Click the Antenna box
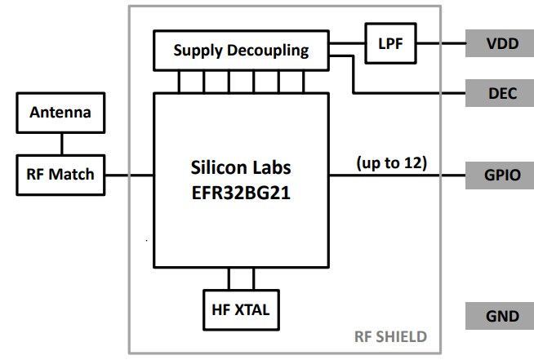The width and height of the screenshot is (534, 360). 61,113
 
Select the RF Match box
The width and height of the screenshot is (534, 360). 61,173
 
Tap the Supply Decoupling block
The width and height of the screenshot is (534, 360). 241,51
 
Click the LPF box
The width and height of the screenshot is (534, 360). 390,42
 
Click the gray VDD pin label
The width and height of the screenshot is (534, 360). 499,43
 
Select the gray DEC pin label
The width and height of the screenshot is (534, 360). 499,93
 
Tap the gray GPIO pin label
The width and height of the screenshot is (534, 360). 499,175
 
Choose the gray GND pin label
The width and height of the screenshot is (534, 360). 499,316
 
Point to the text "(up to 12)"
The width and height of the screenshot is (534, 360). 391,162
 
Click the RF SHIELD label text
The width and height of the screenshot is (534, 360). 389,336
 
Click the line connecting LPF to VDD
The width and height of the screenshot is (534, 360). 441,43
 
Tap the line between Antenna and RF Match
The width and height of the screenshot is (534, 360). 61,144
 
